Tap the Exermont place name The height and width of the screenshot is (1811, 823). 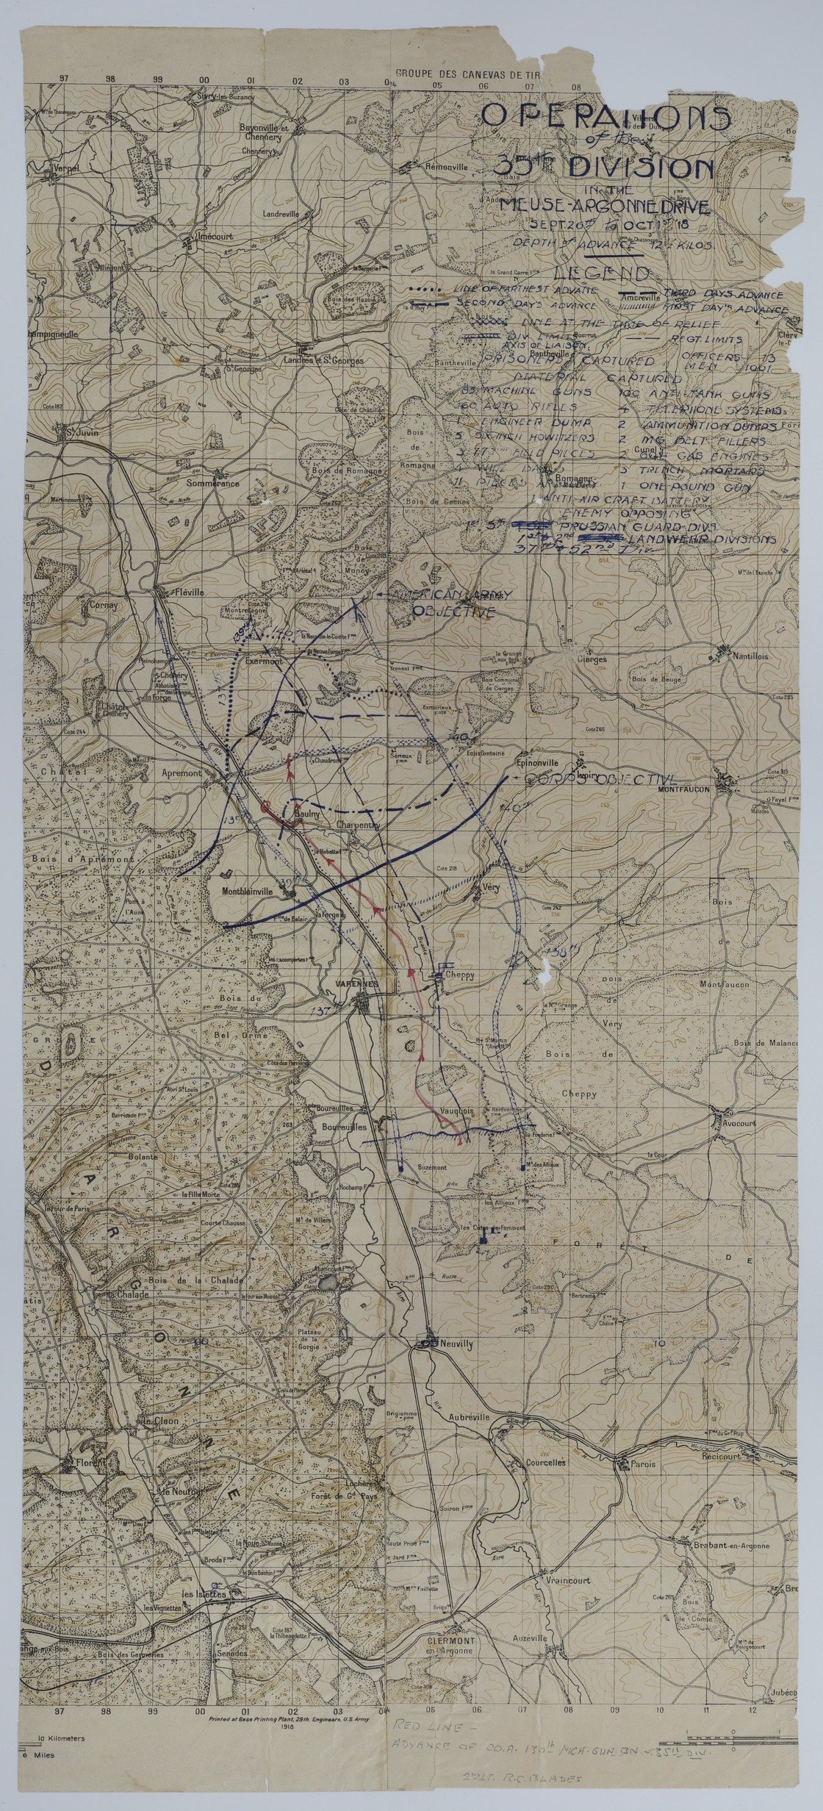(x=264, y=661)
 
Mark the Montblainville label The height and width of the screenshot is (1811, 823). (x=246, y=890)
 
